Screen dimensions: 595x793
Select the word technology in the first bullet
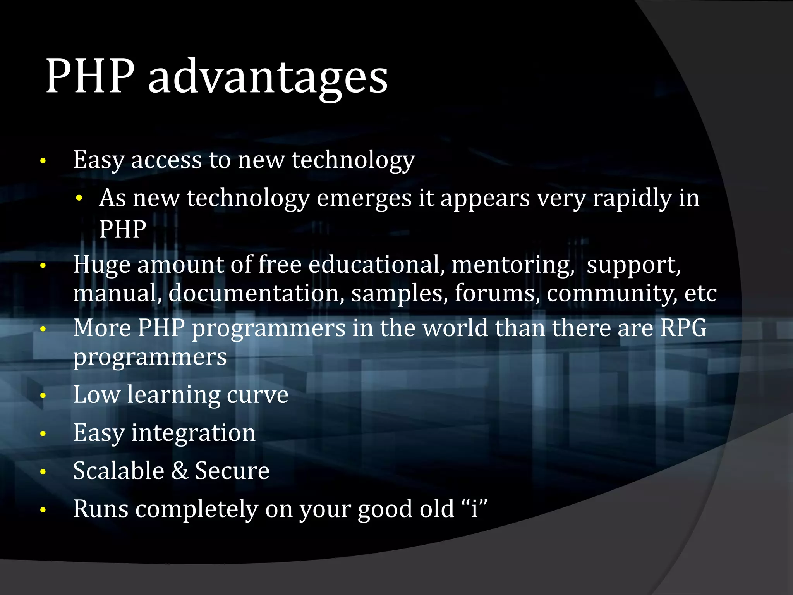[x=353, y=160]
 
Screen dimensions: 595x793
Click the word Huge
[x=101, y=265]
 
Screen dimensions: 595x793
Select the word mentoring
[x=513, y=265]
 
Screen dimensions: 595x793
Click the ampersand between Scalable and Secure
[x=180, y=471]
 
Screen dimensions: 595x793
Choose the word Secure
[x=232, y=471]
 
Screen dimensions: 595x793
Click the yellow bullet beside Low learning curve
[x=43, y=396]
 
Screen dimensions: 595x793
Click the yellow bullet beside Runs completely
[x=43, y=510]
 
